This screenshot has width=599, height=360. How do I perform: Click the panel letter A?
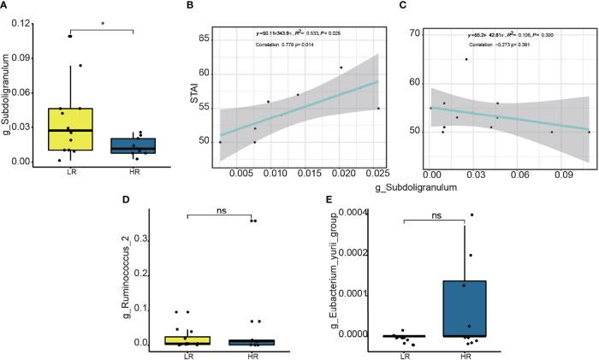[x=6, y=6]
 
